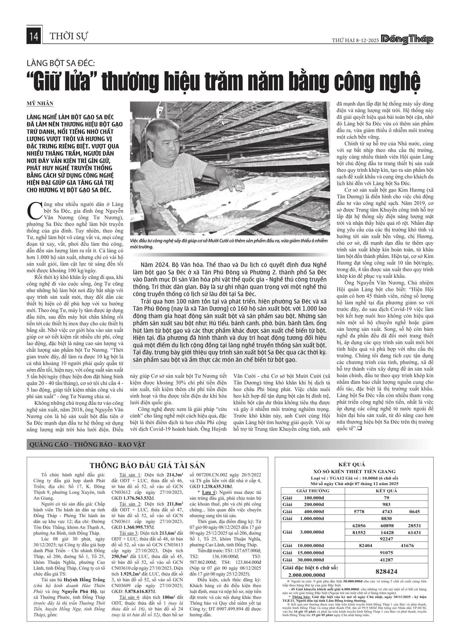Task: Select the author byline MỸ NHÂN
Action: coord(40,103)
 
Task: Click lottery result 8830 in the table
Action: coord(386,518)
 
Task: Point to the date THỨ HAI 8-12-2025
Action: coord(355,40)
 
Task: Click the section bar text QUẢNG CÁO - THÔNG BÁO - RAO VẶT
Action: coord(87,445)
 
